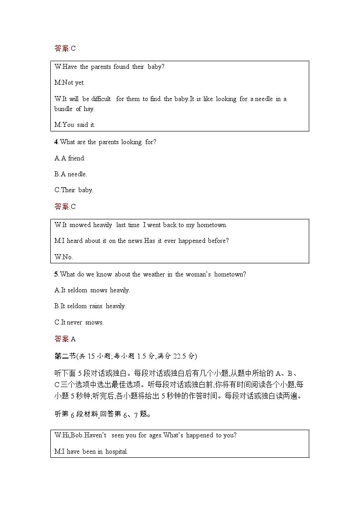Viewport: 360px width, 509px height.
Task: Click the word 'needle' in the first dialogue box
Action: [x=264, y=99]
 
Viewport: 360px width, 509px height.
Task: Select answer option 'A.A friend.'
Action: [x=70, y=158]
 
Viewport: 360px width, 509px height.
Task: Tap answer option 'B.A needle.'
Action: [x=71, y=174]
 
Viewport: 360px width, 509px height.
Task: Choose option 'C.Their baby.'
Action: [x=74, y=190]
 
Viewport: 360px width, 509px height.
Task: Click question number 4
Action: [x=56, y=142]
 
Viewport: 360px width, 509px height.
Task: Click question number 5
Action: [x=56, y=274]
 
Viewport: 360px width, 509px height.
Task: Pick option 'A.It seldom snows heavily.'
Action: [x=92, y=290]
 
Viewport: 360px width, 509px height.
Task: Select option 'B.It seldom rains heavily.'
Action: [x=90, y=306]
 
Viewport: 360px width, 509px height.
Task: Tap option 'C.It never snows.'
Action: [x=79, y=322]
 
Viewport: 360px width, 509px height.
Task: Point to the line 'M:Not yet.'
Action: [x=69, y=83]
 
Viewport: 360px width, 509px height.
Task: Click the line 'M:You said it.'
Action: [x=75, y=125]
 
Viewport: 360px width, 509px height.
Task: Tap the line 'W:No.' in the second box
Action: [x=63, y=257]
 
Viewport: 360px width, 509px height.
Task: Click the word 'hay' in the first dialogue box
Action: [x=89, y=109]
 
